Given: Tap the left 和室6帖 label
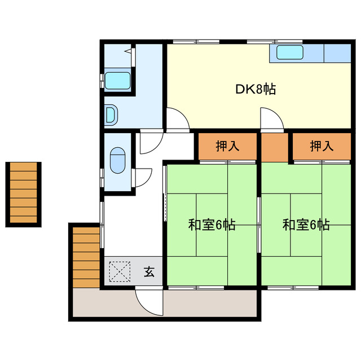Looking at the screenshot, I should click(x=212, y=225).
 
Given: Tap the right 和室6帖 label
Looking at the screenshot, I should click(x=306, y=225).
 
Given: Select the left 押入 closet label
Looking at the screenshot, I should click(x=227, y=146).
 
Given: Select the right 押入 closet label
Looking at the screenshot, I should click(x=322, y=146).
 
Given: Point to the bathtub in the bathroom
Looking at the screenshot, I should click(x=117, y=80).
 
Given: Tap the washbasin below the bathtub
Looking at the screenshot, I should click(x=111, y=115).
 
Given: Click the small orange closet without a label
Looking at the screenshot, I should click(x=275, y=146).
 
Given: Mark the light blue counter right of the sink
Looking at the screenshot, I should click(x=337, y=53).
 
